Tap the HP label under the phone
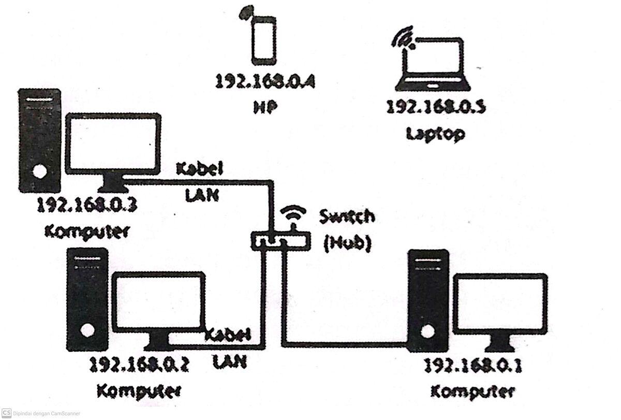265,107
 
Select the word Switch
347,216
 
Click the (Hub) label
347,243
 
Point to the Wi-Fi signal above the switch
293,214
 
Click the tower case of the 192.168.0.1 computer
427,300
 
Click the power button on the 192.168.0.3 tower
38,171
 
